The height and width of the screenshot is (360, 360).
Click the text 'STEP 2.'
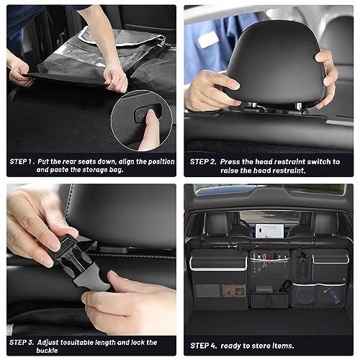tap(202, 161)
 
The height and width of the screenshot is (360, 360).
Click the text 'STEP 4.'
tap(203, 343)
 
